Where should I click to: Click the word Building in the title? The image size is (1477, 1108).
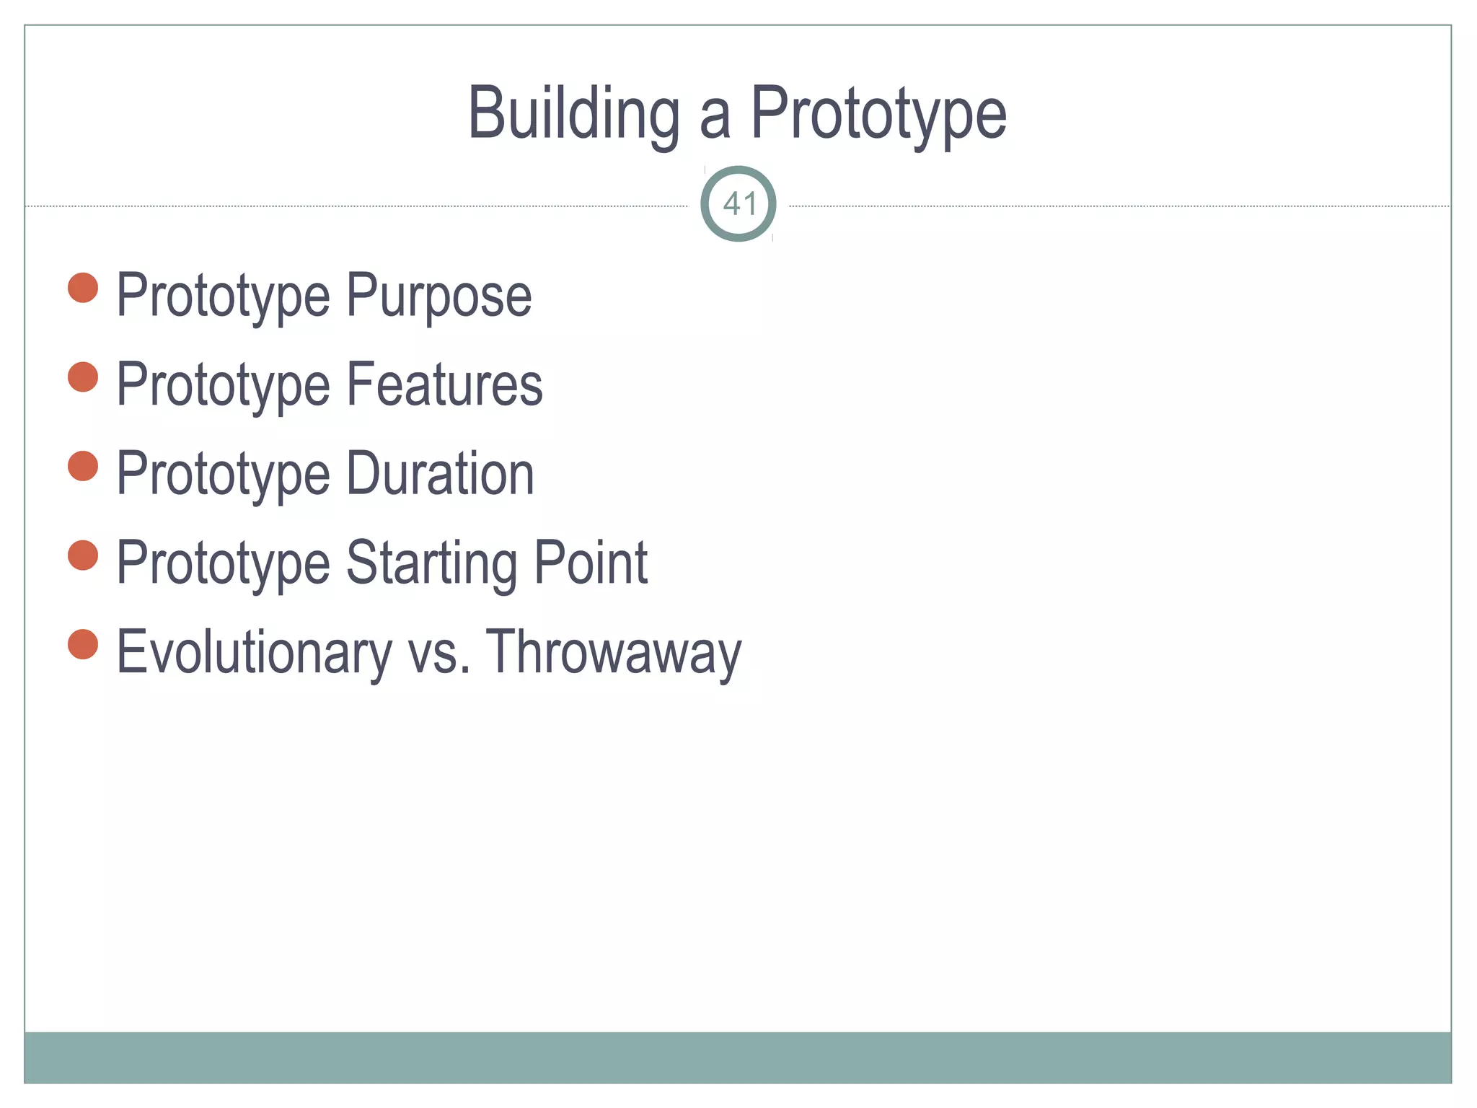pyautogui.click(x=574, y=114)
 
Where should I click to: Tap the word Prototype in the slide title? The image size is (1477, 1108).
pyautogui.click(x=878, y=114)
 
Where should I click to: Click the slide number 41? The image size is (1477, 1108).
pyautogui.click(x=738, y=204)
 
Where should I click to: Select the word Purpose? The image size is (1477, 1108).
pyautogui.click(x=439, y=296)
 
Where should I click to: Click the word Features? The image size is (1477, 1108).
pyautogui.click(x=445, y=384)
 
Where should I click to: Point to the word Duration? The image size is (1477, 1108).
pyautogui.click(x=441, y=474)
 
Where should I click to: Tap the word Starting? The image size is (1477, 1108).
pyautogui.click(x=431, y=563)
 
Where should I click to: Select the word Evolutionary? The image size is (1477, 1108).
pyautogui.click(x=254, y=652)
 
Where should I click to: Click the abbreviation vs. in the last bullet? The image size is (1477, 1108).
pyautogui.click(x=439, y=654)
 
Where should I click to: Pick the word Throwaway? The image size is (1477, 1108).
pyautogui.click(x=614, y=654)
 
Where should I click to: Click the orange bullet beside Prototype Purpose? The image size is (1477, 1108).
pyautogui.click(x=83, y=288)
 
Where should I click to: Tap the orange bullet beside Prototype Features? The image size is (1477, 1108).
pyautogui.click(x=83, y=377)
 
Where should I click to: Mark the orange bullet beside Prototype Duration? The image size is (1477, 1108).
pyautogui.click(x=83, y=466)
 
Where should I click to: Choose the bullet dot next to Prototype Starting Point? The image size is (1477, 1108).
pyautogui.click(x=83, y=555)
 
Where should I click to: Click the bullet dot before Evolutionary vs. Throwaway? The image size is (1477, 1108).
pyautogui.click(x=83, y=644)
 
